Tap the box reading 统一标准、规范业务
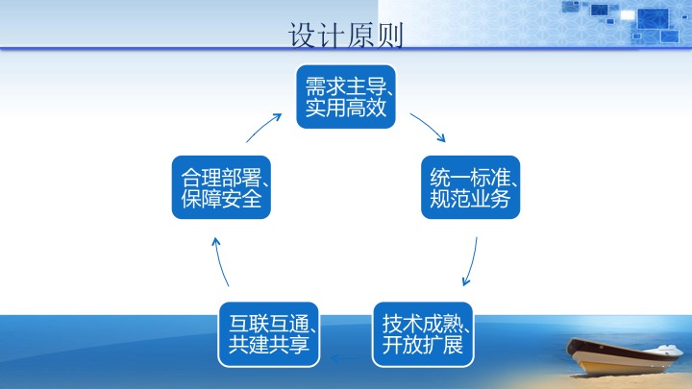click(x=471, y=187)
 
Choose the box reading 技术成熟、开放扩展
click(x=420, y=333)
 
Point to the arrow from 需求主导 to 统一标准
click(x=428, y=127)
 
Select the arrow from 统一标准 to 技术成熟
click(x=471, y=262)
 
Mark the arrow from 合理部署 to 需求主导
click(x=264, y=127)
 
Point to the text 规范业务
click(x=471, y=199)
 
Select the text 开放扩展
click(x=420, y=345)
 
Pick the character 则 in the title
click(x=389, y=36)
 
